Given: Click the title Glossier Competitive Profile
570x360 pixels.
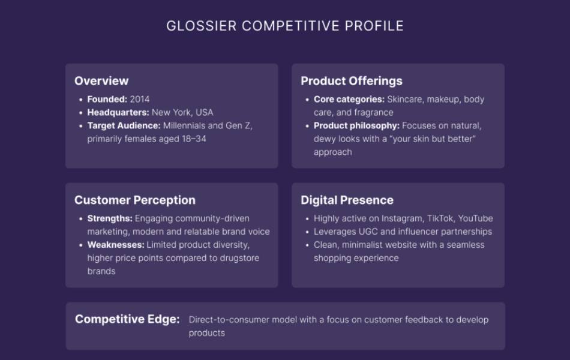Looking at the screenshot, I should coord(285,26).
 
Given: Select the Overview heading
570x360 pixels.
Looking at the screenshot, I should coord(101,81).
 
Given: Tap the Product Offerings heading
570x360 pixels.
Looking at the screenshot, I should coord(352,81).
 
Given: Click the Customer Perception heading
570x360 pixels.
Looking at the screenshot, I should coord(135,200).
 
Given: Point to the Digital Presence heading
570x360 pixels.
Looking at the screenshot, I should coord(347,200).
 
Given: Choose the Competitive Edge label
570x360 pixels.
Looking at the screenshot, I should coord(127,319).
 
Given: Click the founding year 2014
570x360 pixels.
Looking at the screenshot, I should coord(140,100).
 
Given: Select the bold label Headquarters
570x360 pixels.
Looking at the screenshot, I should coord(118,113).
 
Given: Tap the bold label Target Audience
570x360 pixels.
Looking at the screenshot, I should coord(124,126).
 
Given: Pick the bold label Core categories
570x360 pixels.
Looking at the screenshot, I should coord(349,100).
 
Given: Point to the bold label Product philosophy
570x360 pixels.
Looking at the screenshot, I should coord(356,126).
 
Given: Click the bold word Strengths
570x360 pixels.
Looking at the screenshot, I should coord(109,218).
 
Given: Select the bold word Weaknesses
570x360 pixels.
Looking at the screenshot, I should coord(115,245).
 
